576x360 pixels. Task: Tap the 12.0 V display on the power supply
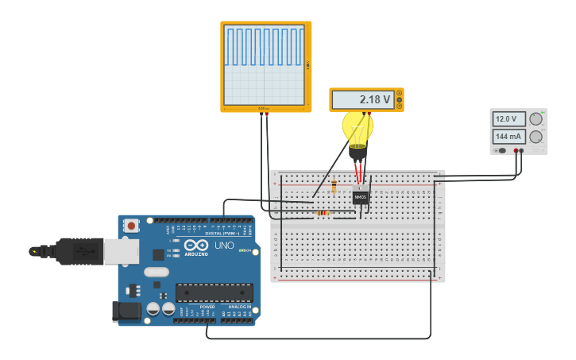tap(508, 119)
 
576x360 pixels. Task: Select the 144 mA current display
tap(508, 137)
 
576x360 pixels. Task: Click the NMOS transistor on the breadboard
tap(361, 196)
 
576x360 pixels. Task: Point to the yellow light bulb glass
tap(358, 127)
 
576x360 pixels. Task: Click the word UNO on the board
tap(224, 246)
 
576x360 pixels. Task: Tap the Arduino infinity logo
tap(196, 245)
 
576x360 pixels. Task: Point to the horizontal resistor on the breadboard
tap(323, 213)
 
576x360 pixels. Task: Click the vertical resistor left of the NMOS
tap(334, 188)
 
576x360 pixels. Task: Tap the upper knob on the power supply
tap(536, 119)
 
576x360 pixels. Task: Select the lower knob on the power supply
tap(536, 137)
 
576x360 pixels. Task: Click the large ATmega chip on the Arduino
tap(215, 292)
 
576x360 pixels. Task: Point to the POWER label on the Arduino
tap(207, 307)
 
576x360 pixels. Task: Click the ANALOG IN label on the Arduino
tap(240, 307)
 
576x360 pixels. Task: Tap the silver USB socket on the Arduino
tap(122, 251)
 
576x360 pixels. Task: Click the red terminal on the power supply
tap(516, 150)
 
